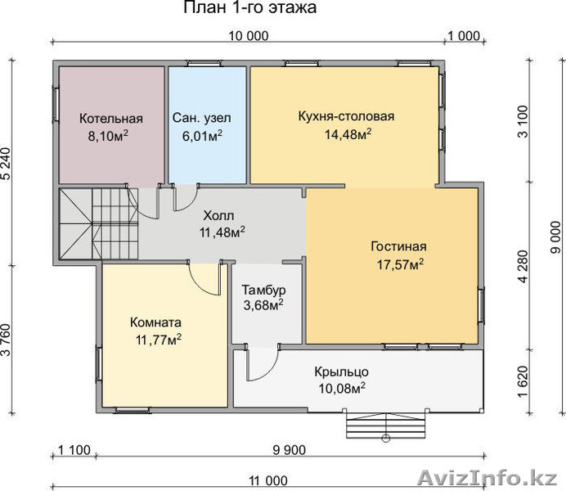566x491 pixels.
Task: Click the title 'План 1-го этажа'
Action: tap(249, 7)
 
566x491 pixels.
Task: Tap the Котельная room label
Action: tap(111, 119)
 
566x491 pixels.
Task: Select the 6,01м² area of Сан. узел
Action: tap(202, 136)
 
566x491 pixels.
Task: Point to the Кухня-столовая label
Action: tap(346, 116)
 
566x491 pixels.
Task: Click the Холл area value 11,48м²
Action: tap(222, 232)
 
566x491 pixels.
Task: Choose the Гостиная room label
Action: tap(398, 246)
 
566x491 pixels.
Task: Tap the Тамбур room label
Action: tap(264, 290)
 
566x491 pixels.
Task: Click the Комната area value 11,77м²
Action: tap(159, 340)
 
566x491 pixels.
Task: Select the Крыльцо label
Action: tap(341, 372)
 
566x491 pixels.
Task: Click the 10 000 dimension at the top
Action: tap(249, 36)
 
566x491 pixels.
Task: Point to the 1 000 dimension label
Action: tap(464, 36)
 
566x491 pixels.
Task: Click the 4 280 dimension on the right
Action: tap(523, 267)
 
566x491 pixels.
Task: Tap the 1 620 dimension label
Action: tap(523, 381)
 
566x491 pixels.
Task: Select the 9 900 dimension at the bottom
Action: tap(290, 450)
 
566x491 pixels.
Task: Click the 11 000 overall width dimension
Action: tap(268, 481)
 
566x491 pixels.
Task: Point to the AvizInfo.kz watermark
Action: tap(487, 479)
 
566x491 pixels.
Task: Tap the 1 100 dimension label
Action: tap(74, 450)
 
